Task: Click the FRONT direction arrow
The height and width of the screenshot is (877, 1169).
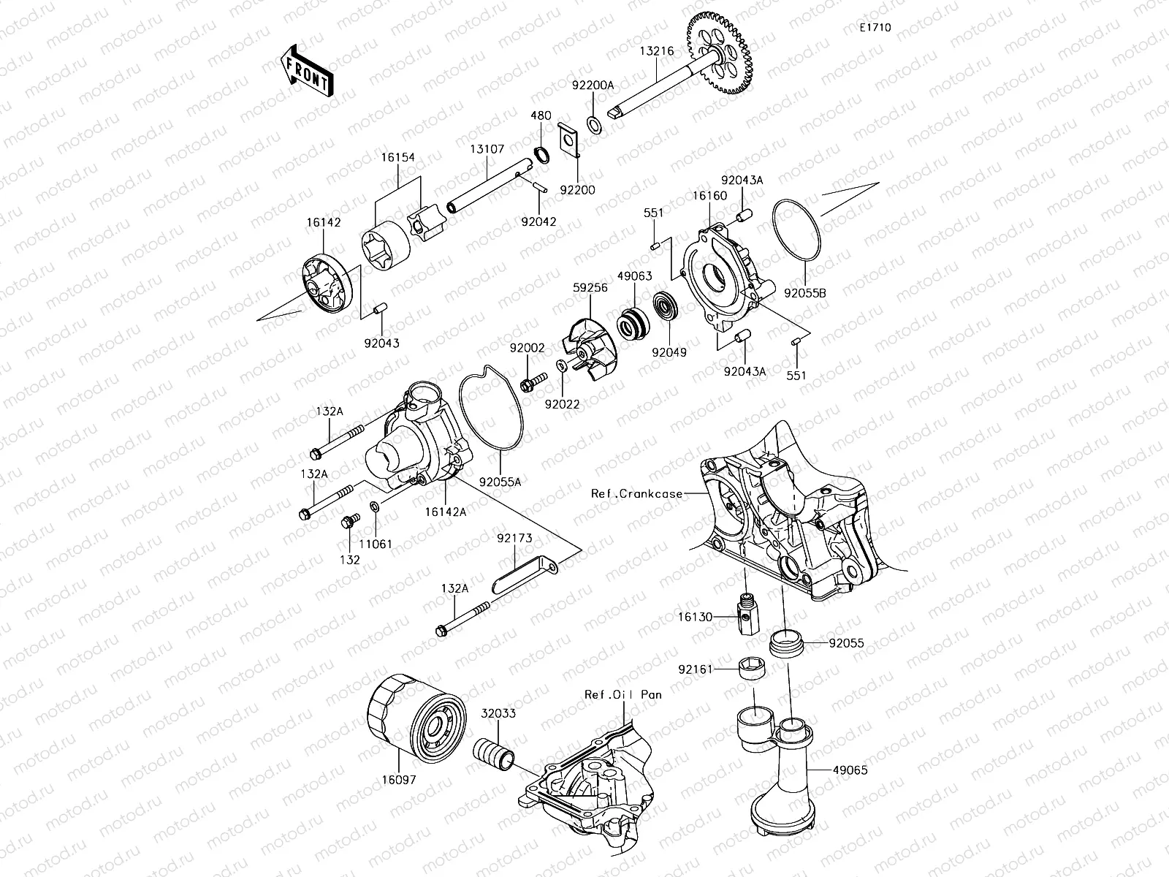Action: [x=305, y=71]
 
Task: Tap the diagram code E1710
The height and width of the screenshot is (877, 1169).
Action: [x=875, y=28]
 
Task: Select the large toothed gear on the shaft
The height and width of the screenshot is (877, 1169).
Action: [x=720, y=54]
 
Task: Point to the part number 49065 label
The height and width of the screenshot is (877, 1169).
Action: [x=850, y=770]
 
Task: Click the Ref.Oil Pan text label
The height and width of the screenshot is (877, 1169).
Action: [x=622, y=694]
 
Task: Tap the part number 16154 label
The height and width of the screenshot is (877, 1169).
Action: [x=397, y=156]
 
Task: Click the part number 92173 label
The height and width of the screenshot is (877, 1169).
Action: [x=514, y=539]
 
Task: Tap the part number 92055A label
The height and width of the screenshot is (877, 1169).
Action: [x=500, y=482]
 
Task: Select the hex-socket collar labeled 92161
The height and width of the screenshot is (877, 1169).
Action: [x=747, y=668]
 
